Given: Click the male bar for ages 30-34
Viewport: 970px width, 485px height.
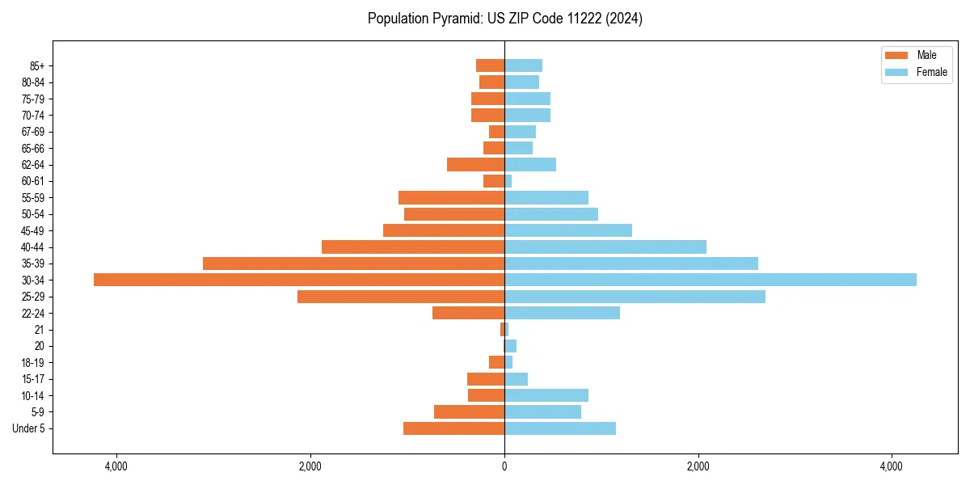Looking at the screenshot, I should [x=299, y=280].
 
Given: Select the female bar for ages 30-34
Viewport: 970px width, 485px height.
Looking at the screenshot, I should [x=711, y=280].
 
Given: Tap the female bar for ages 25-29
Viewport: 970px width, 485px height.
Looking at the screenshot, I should [x=635, y=297].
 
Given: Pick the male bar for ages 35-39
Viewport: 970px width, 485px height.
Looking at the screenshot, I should [x=353, y=264].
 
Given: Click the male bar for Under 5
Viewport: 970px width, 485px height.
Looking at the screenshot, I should [x=453, y=428].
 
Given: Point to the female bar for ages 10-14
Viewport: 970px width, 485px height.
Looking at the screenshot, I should [x=546, y=395].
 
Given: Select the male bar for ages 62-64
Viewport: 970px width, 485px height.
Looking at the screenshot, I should [x=475, y=165].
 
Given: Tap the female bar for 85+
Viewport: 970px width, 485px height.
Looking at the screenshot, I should [x=523, y=65].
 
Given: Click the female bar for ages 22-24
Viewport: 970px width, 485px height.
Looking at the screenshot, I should [x=562, y=313].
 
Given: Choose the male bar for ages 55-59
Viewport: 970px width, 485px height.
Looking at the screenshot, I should [x=451, y=198].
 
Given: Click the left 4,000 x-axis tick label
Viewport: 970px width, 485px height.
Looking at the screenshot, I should [x=116, y=467].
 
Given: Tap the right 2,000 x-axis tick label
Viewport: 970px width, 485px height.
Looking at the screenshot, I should [x=698, y=467].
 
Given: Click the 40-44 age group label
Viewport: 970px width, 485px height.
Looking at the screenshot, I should [x=33, y=247].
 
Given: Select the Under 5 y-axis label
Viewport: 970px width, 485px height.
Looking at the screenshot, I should [x=28, y=428].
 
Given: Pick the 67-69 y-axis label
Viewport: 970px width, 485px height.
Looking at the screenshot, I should [x=33, y=132].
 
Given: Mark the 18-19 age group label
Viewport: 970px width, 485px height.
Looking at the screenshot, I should [x=33, y=363].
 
